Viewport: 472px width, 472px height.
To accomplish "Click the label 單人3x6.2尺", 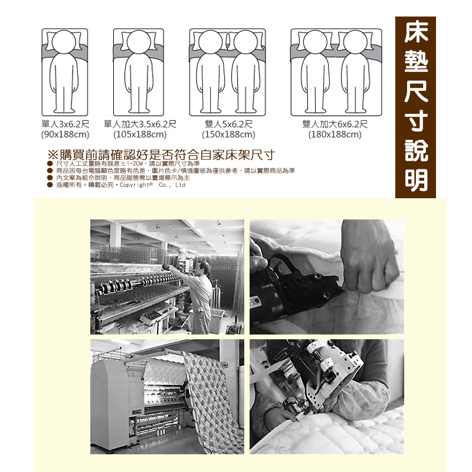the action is click(x=65, y=124).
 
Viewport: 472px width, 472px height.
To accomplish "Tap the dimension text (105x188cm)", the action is click(x=140, y=135).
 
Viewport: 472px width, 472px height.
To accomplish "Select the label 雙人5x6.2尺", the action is click(x=229, y=124).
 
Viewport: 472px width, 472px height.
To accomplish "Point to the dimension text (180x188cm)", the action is click(x=335, y=135).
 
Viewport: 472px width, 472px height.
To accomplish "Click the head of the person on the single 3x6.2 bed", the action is click(x=64, y=42).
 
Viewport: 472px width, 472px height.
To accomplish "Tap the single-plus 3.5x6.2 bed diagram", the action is click(x=139, y=72).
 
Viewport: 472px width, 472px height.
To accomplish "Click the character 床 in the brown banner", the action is click(x=416, y=32).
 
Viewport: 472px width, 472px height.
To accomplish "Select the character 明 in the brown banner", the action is click(x=416, y=180).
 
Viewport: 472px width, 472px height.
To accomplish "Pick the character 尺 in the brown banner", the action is click(x=416, y=91).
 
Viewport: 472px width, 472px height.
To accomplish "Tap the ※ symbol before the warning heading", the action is click(x=53, y=155).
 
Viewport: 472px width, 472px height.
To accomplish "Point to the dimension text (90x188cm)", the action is click(x=65, y=135).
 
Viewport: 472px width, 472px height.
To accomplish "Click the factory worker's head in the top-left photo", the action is click(x=204, y=268).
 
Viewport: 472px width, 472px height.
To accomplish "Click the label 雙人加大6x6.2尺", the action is click(x=335, y=124).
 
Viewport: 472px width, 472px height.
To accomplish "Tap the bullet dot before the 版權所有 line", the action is click(x=50, y=185).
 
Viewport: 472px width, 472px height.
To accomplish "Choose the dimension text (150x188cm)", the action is click(x=228, y=135).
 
